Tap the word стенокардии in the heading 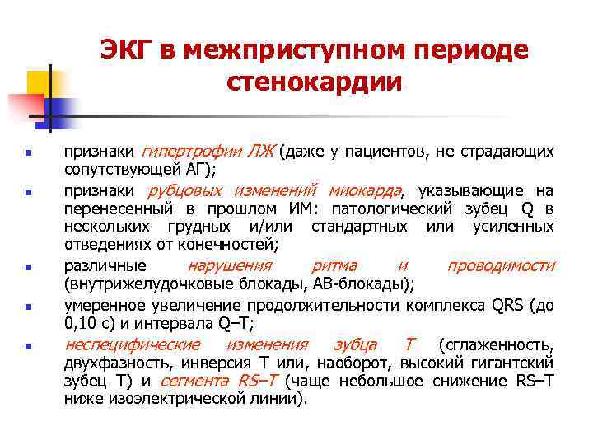[x=312, y=82]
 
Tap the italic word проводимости [x=501, y=265]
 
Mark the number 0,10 [x=82, y=323]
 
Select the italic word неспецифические [x=133, y=344]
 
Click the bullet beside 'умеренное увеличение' [x=27, y=307]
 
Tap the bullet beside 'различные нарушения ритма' [x=27, y=268]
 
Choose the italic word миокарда [x=369, y=190]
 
